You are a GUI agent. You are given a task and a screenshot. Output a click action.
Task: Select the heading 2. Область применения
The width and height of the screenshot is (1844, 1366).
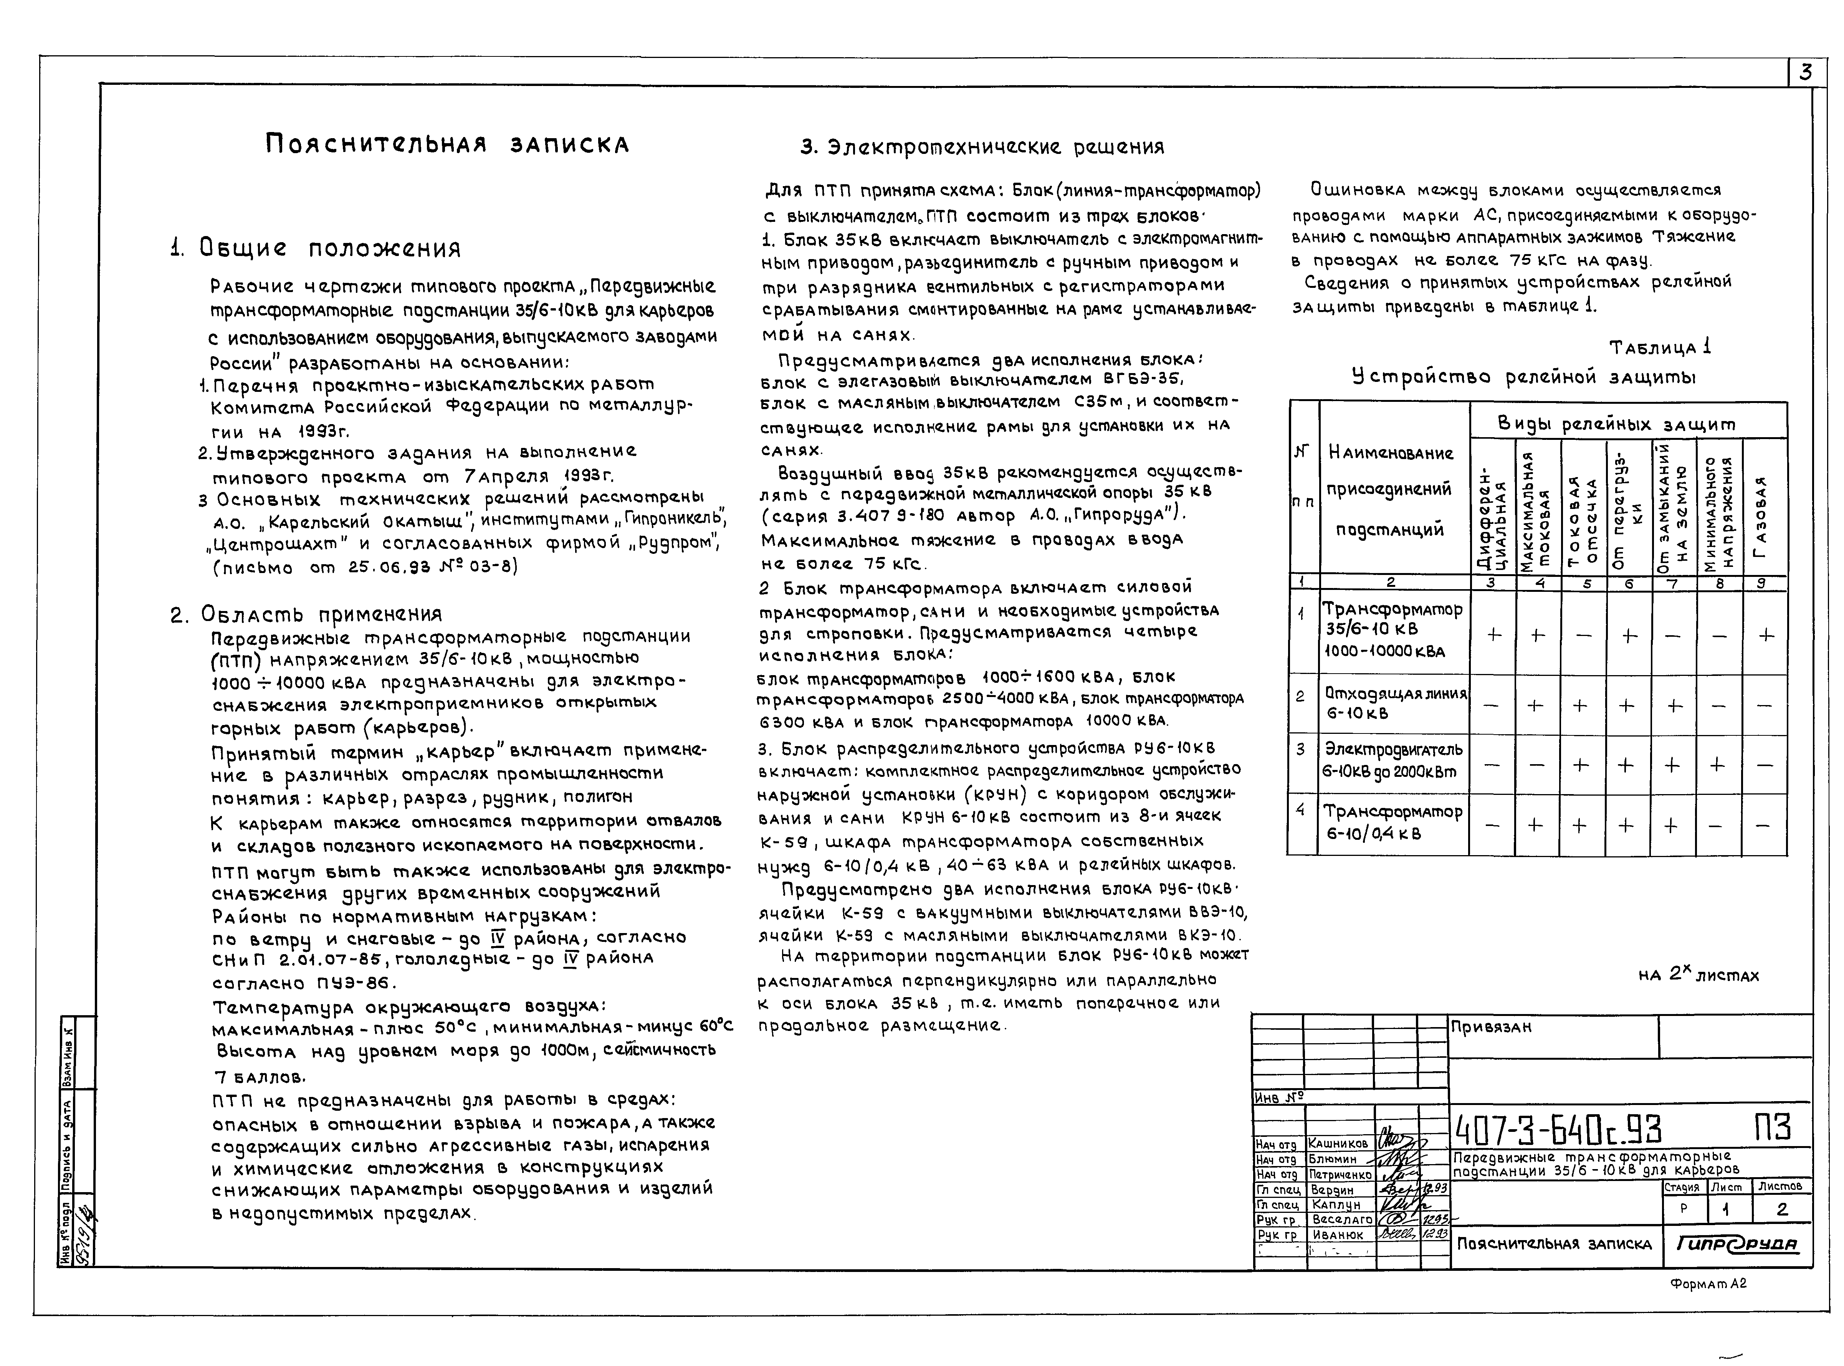click(306, 614)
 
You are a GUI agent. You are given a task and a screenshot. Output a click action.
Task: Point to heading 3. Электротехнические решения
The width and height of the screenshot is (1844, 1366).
click(982, 147)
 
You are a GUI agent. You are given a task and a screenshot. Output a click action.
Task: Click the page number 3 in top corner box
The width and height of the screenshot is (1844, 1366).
click(1805, 73)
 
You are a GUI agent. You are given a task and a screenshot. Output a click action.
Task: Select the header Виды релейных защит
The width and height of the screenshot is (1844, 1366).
click(1627, 423)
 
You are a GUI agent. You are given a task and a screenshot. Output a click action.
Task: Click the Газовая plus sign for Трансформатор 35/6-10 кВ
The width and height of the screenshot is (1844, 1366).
click(1765, 635)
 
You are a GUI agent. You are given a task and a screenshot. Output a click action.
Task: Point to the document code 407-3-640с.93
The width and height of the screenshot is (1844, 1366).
click(1557, 1128)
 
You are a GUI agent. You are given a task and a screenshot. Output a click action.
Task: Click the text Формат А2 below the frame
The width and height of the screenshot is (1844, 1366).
click(1708, 1284)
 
